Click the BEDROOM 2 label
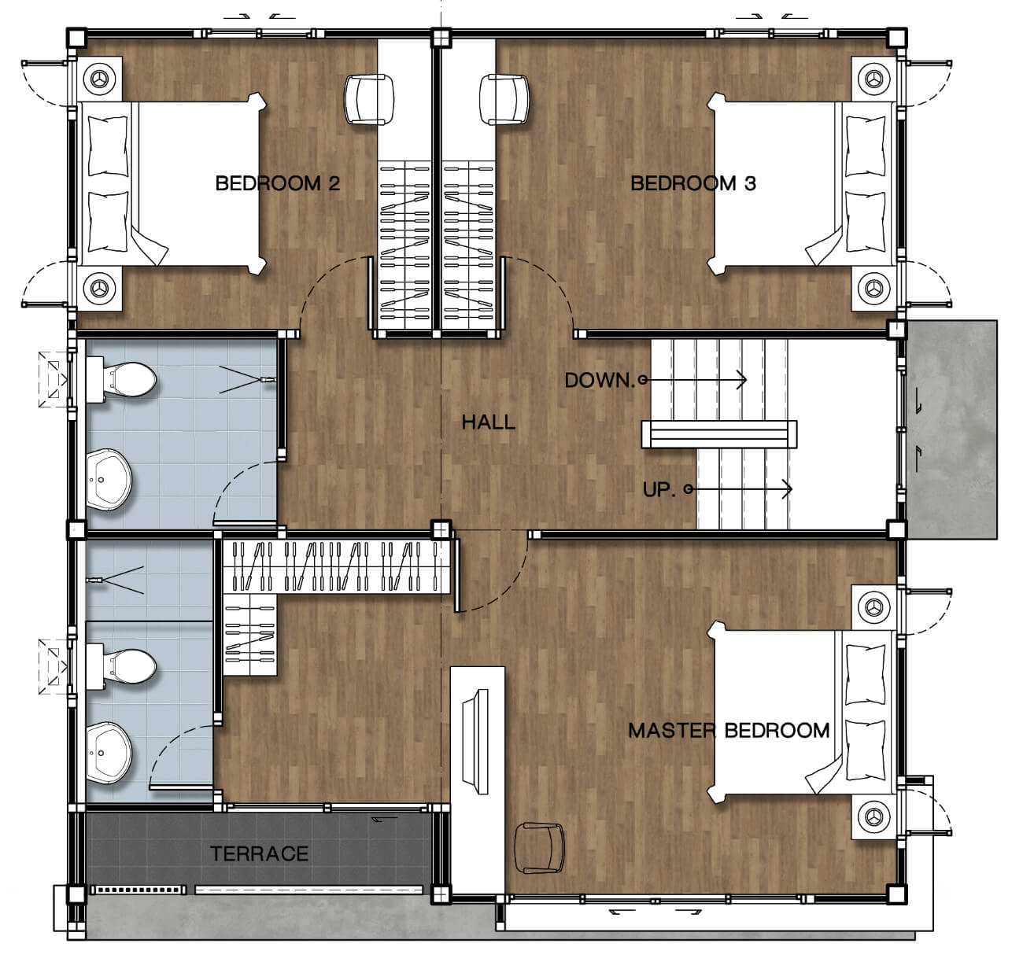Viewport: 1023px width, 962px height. tap(278, 183)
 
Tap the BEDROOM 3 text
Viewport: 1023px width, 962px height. tap(693, 183)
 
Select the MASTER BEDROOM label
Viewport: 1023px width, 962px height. tap(729, 730)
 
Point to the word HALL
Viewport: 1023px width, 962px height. tap(489, 422)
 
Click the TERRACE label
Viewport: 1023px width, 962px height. tap(259, 854)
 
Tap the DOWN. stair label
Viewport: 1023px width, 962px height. tap(600, 381)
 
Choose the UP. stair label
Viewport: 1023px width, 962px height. tap(659, 489)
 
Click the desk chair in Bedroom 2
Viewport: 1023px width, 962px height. tap(369, 99)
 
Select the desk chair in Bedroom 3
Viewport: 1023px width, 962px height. tap(504, 99)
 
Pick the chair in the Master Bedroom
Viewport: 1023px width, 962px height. tap(540, 848)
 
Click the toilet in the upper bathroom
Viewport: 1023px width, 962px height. tap(121, 380)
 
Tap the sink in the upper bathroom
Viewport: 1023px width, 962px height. tap(109, 480)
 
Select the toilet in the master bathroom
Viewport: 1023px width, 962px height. tap(121, 666)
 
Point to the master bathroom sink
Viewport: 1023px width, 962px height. tap(109, 753)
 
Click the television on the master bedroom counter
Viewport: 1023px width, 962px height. tap(476, 742)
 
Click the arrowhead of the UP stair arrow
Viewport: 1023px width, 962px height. tap(788, 488)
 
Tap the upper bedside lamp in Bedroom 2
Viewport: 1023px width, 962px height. tap(99, 79)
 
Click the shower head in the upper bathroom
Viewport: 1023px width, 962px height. tap(268, 380)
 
